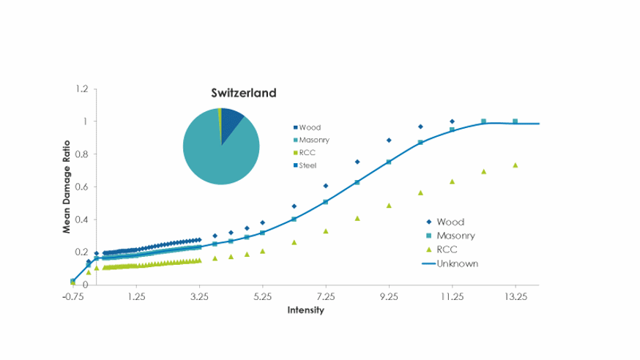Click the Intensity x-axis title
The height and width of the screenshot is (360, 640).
pyautogui.click(x=305, y=310)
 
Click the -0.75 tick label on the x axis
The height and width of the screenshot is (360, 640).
pyautogui.click(x=72, y=298)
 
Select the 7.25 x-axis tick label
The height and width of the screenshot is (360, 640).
pyautogui.click(x=326, y=298)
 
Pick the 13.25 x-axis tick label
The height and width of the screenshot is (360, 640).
pyautogui.click(x=516, y=298)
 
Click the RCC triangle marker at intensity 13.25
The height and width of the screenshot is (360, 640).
pyautogui.click(x=516, y=165)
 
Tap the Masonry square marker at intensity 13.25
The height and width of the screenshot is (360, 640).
pyautogui.click(x=516, y=121)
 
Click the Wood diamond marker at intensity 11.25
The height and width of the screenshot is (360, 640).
pyautogui.click(x=452, y=121)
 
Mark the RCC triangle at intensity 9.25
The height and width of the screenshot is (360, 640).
pyautogui.click(x=389, y=206)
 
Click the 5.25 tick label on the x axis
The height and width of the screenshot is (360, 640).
pyautogui.click(x=262, y=298)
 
